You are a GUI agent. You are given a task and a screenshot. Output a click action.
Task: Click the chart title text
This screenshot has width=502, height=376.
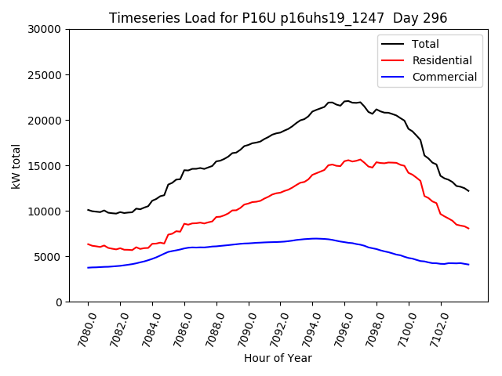[278, 18]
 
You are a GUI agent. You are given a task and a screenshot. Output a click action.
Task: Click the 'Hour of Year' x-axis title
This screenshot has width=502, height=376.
[278, 358]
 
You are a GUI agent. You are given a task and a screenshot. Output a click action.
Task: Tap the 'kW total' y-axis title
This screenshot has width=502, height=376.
[16, 165]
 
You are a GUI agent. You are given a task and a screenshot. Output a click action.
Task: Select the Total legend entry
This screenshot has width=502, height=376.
[425, 44]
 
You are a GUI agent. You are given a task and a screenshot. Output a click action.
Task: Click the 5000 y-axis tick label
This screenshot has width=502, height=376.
[48, 257]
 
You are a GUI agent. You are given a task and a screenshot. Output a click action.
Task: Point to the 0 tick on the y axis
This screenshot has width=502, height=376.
[59, 302]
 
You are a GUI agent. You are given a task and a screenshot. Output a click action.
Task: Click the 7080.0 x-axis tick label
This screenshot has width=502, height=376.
[82, 327]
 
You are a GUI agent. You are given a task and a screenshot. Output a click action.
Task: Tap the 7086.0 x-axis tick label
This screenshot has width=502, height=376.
[179, 327]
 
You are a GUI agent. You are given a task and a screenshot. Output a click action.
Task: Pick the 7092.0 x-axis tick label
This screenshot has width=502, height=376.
[275, 327]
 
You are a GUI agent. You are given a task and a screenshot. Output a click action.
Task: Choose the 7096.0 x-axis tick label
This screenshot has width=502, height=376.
[339, 327]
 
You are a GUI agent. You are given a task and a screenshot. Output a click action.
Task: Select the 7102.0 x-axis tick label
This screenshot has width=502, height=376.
[435, 327]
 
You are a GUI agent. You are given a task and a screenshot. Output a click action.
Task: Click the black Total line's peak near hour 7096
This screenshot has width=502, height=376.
[346, 101]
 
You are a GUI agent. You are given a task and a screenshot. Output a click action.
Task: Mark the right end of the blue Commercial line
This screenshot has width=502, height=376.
[468, 265]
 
